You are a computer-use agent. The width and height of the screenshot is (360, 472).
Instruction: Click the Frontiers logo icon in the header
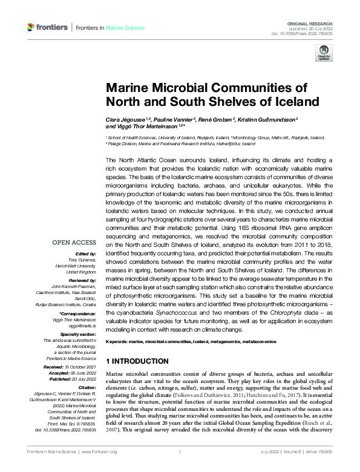pyautogui.click(x=31, y=27)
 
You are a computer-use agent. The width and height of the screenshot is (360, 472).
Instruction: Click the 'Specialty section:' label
pyautogui.click(x=79, y=316)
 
